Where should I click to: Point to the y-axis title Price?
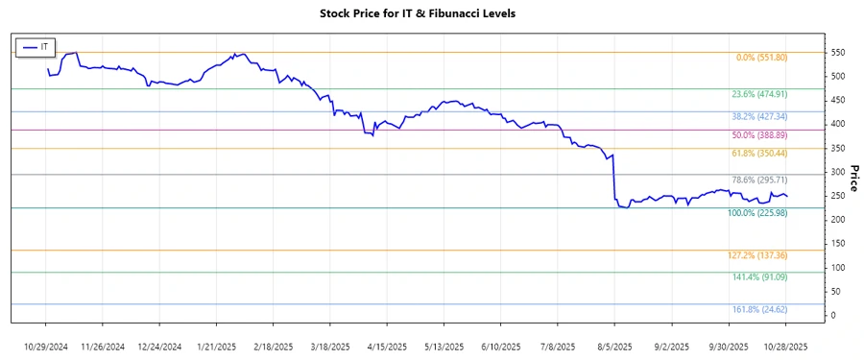tap(852, 176)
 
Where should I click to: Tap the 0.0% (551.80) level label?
tap(761, 58)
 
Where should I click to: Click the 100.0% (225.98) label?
tap(757, 213)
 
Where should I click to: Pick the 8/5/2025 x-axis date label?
tap(614, 346)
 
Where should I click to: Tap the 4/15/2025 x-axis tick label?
tap(388, 346)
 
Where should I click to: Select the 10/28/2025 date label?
tap(784, 346)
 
